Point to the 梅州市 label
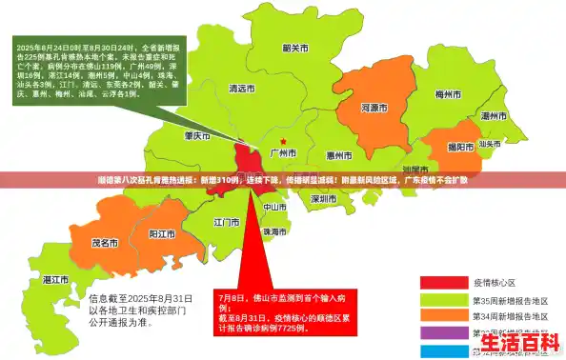pos(447,95)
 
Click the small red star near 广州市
pos(282,141)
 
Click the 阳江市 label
pos(162,233)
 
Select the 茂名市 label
pos(103,243)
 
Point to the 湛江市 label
pos(56,281)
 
